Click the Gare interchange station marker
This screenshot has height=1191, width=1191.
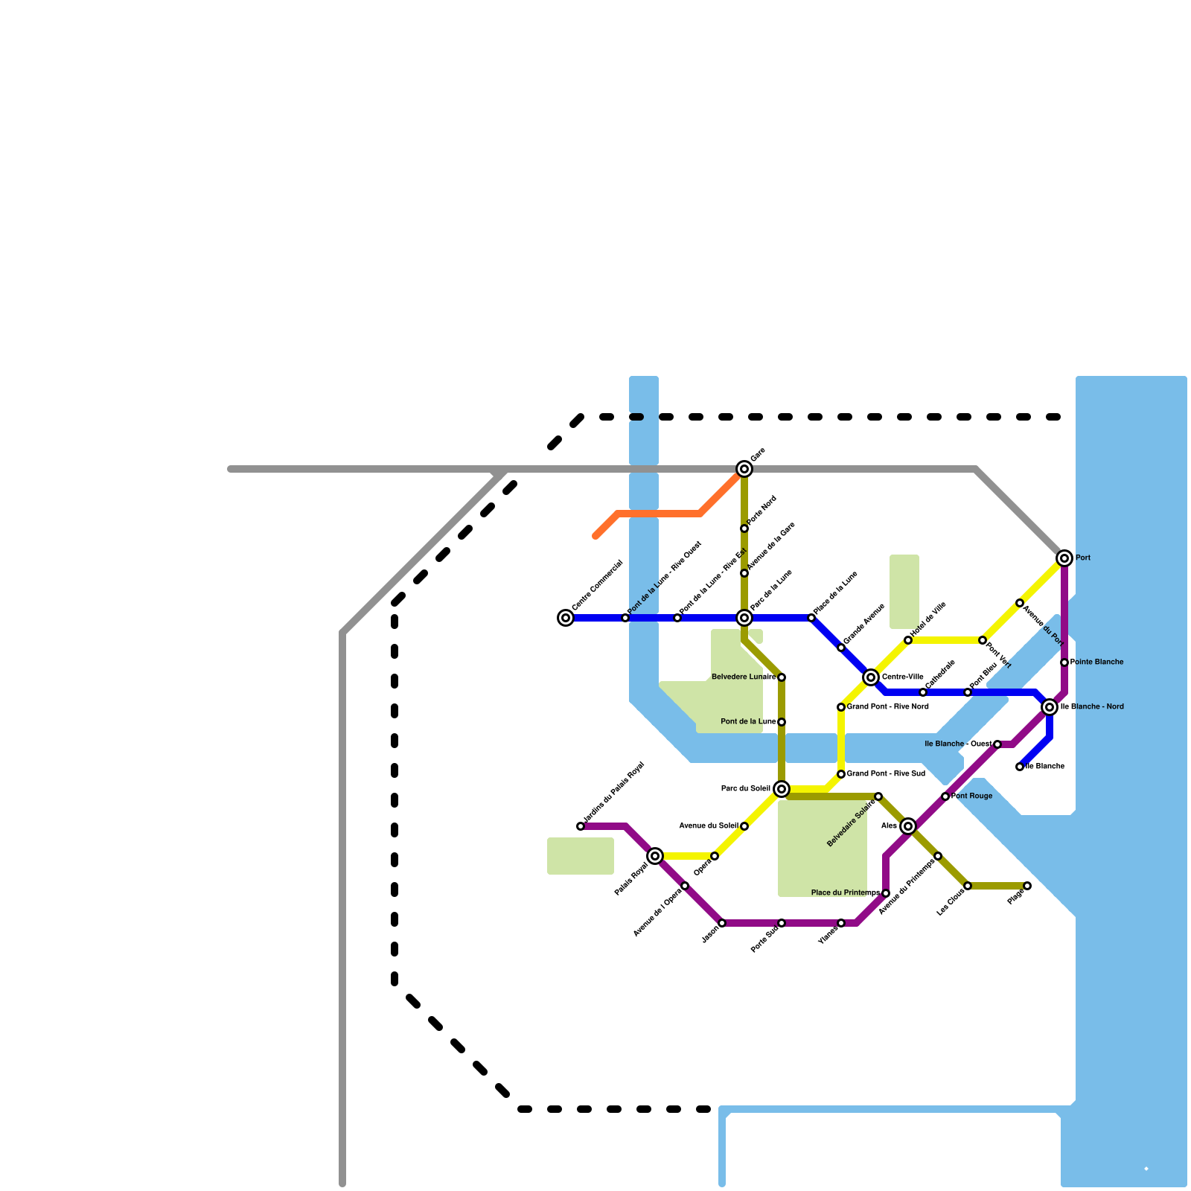744,469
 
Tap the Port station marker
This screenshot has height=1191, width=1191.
1064,558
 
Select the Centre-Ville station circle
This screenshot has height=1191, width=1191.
871,677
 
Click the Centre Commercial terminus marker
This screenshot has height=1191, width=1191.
566,618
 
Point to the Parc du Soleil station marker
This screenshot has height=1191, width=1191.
782,789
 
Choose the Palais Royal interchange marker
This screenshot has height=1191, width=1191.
655,856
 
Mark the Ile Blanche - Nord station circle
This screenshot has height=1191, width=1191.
1050,707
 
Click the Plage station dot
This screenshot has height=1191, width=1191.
1027,886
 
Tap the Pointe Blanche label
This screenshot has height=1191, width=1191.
1096,662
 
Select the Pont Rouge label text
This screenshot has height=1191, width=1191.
971,796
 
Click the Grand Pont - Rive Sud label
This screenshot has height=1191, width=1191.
886,774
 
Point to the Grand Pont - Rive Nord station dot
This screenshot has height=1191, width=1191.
841,707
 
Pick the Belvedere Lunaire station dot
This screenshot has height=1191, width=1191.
782,677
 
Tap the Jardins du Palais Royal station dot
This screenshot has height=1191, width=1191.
581,826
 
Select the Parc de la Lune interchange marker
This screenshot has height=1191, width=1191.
744,618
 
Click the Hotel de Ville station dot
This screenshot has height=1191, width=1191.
908,640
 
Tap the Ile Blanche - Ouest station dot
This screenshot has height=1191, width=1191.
997,744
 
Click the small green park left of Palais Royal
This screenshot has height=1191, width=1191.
581,856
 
